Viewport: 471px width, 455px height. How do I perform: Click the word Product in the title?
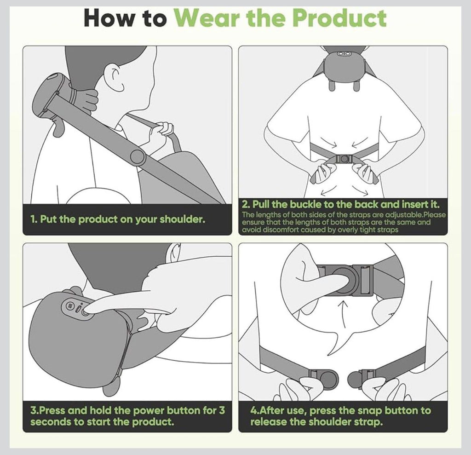tap(339, 18)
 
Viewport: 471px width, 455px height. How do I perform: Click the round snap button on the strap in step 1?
tap(138, 157)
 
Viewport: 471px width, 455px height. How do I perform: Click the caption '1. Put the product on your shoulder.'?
tap(118, 219)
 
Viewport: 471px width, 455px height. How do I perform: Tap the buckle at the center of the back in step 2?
tap(344, 159)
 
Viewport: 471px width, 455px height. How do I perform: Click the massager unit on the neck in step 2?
tap(343, 65)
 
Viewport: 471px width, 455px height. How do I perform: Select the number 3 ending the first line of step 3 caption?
tap(222, 410)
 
